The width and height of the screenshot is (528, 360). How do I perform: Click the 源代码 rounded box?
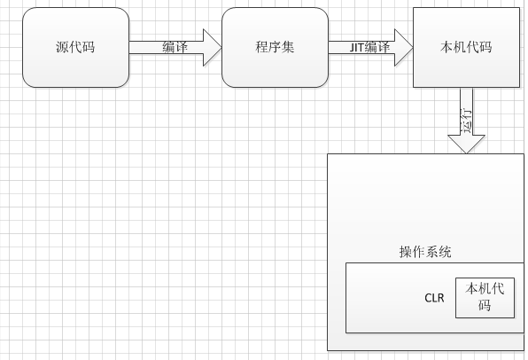[x=76, y=48]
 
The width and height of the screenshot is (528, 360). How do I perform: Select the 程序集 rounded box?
[x=275, y=48]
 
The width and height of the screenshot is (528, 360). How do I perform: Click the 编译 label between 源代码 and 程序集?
[x=175, y=47]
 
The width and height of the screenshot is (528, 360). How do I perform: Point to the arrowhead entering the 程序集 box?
[x=212, y=48]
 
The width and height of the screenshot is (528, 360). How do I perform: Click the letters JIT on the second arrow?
[x=357, y=47]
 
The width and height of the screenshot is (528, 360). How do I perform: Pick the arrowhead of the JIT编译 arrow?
[x=404, y=48]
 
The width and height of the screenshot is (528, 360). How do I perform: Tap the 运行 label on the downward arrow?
[x=466, y=121]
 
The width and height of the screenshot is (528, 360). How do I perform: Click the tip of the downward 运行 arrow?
[x=466, y=153]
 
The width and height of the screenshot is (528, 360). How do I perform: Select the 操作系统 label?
[x=425, y=252]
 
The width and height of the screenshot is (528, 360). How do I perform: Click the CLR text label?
[x=434, y=298]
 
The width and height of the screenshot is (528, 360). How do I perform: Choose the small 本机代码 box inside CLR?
[x=485, y=298]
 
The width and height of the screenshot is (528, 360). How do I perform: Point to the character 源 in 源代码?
[x=62, y=47]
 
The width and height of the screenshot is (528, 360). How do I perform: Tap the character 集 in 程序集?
[x=288, y=47]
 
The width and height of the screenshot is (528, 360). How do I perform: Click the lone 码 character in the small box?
[x=485, y=305]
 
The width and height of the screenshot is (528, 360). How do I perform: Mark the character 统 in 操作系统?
[x=445, y=252]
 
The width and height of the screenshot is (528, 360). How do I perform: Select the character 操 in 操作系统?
[x=406, y=252]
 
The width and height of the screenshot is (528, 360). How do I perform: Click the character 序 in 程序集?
[x=275, y=47]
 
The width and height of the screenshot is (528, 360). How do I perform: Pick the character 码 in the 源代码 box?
[x=89, y=47]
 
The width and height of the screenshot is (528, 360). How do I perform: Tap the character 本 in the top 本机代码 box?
[x=446, y=47]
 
